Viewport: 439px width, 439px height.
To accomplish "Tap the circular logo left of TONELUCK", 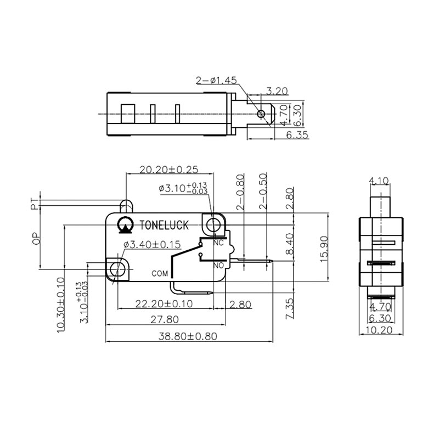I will point(125,224).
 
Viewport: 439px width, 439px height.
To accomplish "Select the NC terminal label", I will point(217,243).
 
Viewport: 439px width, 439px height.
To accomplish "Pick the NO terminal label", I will point(217,264).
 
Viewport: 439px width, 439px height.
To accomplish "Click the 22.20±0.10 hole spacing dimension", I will point(157,303).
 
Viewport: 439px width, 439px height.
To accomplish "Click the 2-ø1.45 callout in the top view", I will point(216,80).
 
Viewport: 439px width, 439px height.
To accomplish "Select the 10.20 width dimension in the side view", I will point(381,330).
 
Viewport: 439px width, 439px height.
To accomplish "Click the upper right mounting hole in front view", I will point(213,224).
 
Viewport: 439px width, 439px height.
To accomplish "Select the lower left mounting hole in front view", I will point(117,269).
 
